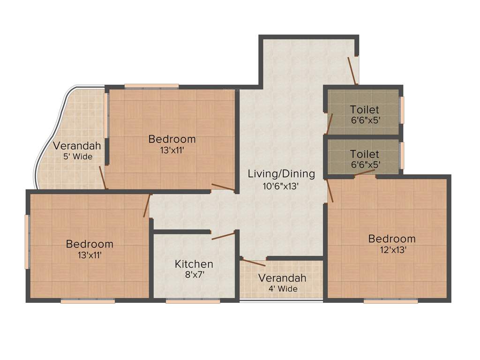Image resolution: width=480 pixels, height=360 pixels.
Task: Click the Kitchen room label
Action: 194,264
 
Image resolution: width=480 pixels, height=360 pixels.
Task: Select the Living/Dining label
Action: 281,174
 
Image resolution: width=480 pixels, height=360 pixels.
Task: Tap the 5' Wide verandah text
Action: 78,157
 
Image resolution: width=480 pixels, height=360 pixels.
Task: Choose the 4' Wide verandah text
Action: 283,289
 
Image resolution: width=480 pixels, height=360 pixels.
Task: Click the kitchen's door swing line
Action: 224,236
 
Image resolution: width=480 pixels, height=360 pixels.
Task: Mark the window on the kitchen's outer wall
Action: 193,301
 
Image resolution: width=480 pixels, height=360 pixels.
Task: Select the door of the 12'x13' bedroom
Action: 330,191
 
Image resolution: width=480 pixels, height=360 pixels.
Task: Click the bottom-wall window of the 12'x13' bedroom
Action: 390,301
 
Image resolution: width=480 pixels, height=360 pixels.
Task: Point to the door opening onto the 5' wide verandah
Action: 103,178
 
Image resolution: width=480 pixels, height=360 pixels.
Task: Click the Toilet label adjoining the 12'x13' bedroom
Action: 364,154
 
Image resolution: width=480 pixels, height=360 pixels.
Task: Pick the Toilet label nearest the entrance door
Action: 364,110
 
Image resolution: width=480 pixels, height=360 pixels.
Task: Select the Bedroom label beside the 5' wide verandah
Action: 172,139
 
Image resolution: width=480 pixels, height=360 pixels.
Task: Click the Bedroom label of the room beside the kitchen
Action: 90,244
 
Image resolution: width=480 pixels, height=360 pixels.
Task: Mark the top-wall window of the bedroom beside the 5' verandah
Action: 151,86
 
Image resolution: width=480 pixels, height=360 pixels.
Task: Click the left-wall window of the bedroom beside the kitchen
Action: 27,242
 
